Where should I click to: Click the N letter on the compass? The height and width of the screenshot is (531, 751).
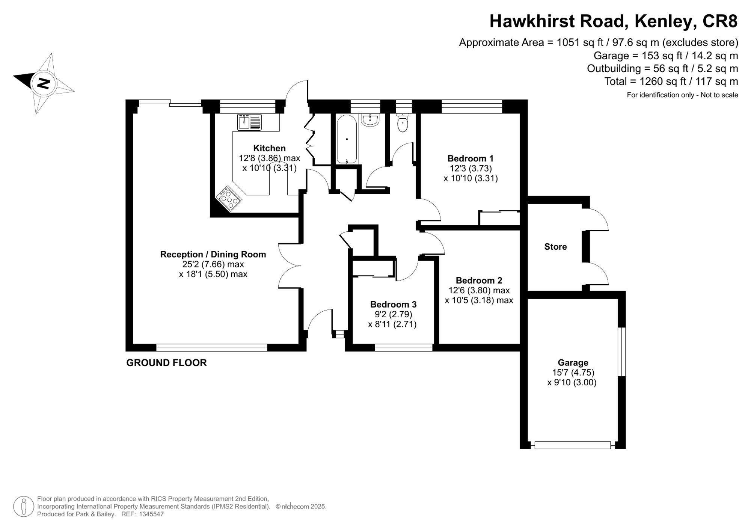point(44,83)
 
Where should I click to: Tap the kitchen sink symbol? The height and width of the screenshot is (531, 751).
point(249,122)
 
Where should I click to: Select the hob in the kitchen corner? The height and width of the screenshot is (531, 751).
point(228,198)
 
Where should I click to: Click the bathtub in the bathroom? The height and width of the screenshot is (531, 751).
point(346,139)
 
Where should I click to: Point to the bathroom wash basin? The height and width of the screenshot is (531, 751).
point(370,120)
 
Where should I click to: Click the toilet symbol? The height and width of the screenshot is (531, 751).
point(403,123)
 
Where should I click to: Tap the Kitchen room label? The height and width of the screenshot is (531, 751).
point(269,148)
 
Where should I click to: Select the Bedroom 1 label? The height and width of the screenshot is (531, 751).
point(470,158)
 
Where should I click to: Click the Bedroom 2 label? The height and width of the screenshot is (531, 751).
point(479,281)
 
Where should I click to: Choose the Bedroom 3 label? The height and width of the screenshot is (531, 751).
point(393,305)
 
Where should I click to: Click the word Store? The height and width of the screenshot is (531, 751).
point(555,247)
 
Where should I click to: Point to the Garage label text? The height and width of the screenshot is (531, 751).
point(573,363)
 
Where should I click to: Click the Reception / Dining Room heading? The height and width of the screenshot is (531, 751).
point(213,255)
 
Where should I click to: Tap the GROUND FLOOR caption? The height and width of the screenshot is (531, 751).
point(166,363)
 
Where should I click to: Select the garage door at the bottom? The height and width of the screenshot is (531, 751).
point(572,445)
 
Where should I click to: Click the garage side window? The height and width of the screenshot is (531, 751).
point(621,351)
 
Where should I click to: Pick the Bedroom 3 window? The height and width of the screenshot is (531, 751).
point(404,348)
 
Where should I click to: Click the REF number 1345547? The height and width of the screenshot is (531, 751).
point(151,514)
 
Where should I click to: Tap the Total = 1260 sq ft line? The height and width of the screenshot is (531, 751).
point(671,81)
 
